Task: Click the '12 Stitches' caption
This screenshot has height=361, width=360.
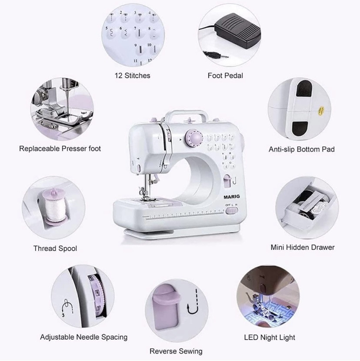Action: pos(132,76)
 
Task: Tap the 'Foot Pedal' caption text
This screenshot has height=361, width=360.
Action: pos(225,76)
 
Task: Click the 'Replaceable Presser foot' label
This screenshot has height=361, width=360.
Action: pos(60,149)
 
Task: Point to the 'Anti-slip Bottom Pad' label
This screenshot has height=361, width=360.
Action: pos(302,149)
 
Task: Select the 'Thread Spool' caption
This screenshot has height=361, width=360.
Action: pos(55,248)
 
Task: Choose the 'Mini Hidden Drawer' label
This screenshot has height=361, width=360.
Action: pos(303,247)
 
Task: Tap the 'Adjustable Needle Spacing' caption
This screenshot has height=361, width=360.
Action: pos(84,337)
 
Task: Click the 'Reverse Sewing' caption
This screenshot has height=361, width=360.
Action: pos(176,351)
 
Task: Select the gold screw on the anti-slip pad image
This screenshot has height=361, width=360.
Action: pos(322,109)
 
